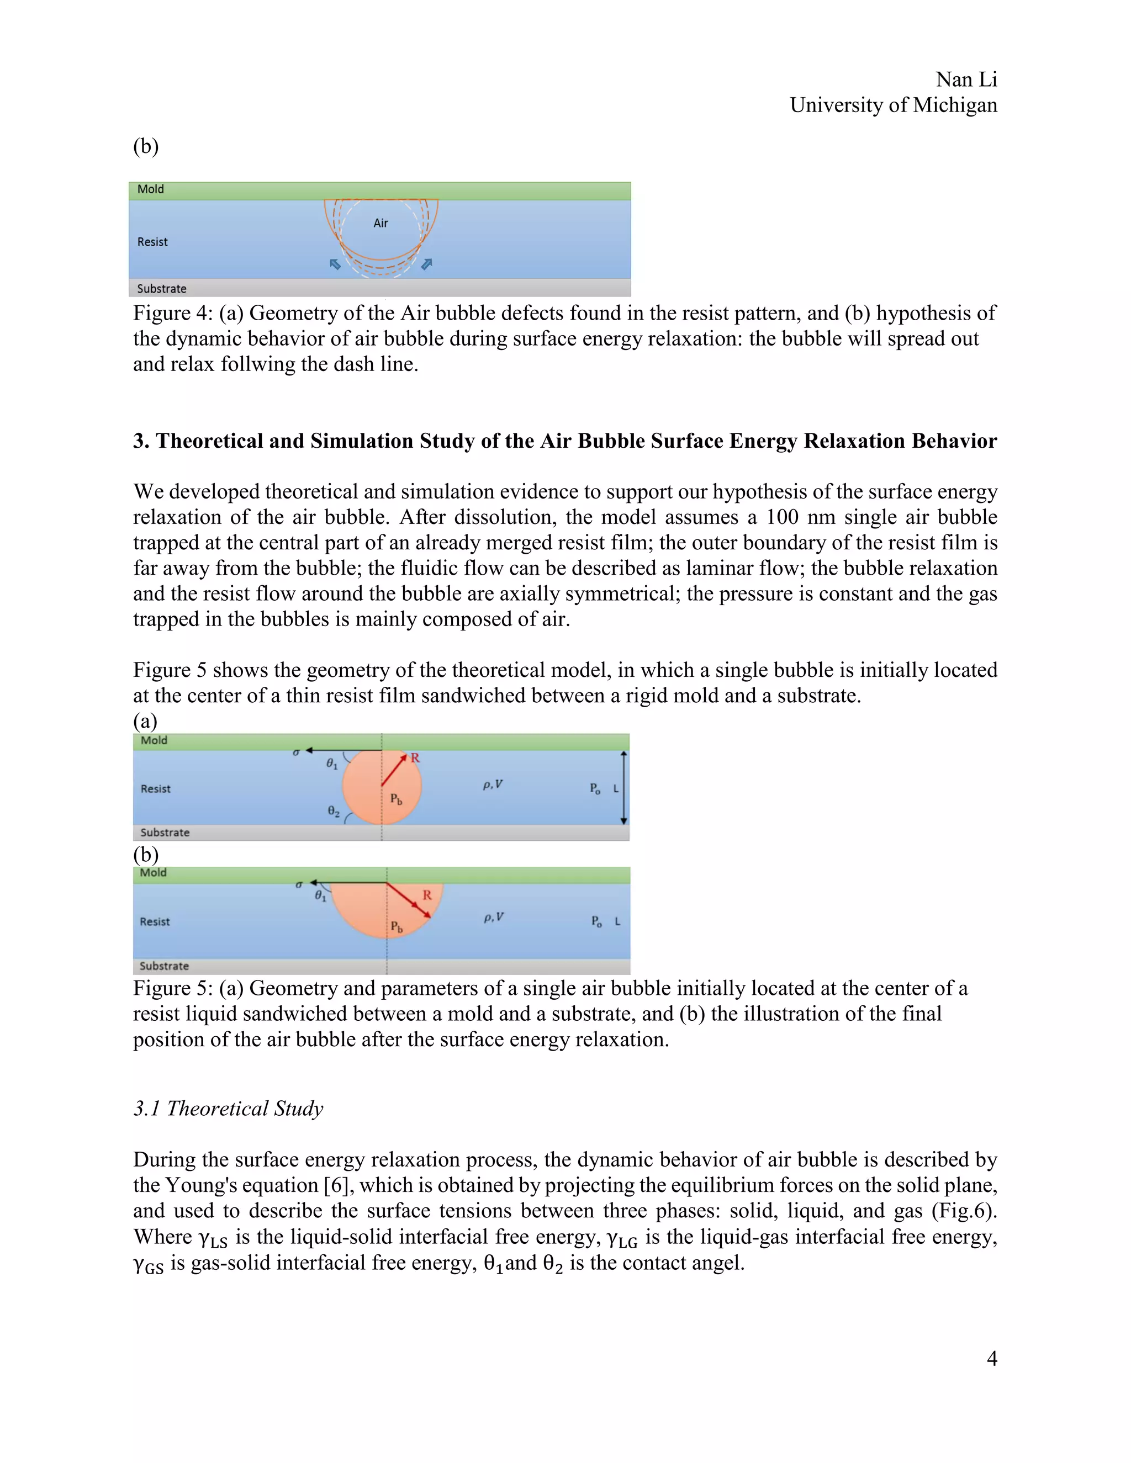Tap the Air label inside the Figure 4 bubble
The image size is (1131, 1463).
380,223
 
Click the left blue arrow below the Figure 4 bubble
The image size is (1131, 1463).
336,264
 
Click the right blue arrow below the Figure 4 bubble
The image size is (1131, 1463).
426,264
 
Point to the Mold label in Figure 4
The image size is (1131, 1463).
151,189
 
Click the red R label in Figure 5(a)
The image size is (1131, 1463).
415,757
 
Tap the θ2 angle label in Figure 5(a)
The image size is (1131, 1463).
333,811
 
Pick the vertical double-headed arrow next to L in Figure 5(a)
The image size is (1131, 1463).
624,788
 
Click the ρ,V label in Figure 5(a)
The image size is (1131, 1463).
493,784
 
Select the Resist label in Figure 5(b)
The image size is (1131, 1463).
155,922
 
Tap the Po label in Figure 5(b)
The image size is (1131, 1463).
596,922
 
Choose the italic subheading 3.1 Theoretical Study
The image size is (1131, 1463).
228,1109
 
